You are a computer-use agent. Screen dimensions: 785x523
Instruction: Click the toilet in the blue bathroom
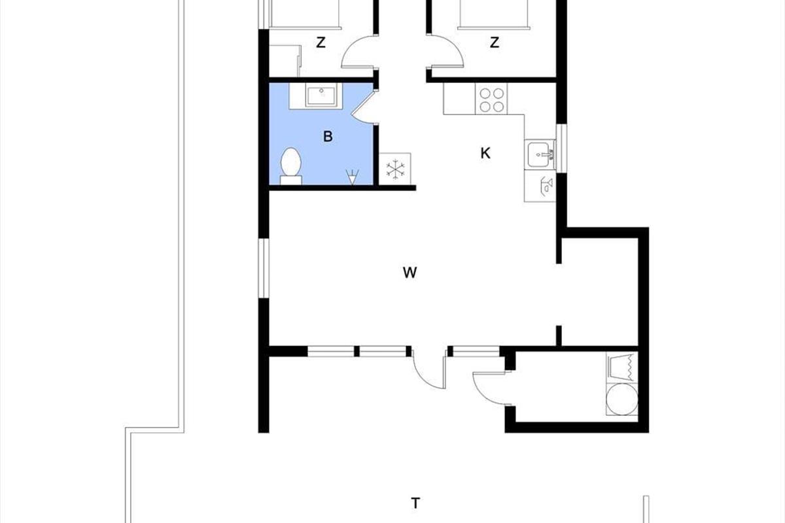click(x=291, y=167)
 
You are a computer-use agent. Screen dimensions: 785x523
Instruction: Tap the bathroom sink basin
click(x=321, y=95)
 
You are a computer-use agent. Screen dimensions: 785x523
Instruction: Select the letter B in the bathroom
click(x=328, y=136)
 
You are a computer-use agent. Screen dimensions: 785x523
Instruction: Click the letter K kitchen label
click(x=485, y=153)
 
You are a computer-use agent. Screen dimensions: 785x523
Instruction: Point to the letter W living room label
click(x=410, y=272)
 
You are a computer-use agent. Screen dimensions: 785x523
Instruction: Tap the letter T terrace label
click(x=415, y=503)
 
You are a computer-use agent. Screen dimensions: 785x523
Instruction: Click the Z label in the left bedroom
click(x=321, y=42)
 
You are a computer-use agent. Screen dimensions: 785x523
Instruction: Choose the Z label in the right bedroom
click(x=494, y=42)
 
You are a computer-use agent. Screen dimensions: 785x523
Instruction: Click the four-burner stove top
click(x=491, y=99)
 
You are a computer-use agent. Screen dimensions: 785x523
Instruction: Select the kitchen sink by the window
click(x=540, y=154)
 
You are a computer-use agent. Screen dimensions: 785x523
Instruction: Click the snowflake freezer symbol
click(x=395, y=169)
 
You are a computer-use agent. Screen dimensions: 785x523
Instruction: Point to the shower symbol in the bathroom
click(x=352, y=177)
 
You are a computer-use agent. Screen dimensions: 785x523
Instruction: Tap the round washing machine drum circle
click(x=622, y=399)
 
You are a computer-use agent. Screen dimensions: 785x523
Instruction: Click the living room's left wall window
click(x=264, y=268)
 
